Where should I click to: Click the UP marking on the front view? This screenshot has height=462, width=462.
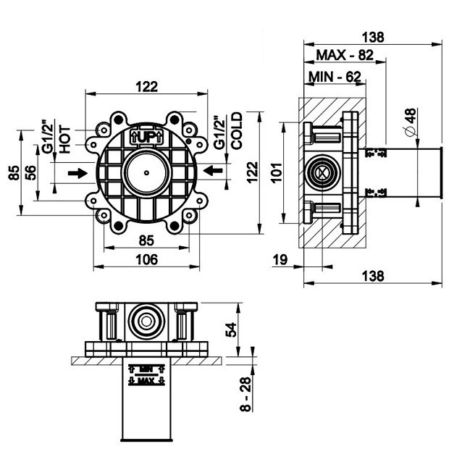pyautogui.click(x=146, y=135)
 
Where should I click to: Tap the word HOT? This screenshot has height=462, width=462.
pyautogui.click(x=64, y=137)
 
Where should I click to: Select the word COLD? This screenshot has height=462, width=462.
pyautogui.click(x=236, y=131)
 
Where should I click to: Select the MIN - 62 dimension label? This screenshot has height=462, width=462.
pyautogui.click(x=334, y=75)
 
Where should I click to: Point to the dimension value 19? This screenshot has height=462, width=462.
pyautogui.click(x=280, y=259)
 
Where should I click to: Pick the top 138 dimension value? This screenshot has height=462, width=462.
pyautogui.click(x=371, y=35)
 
